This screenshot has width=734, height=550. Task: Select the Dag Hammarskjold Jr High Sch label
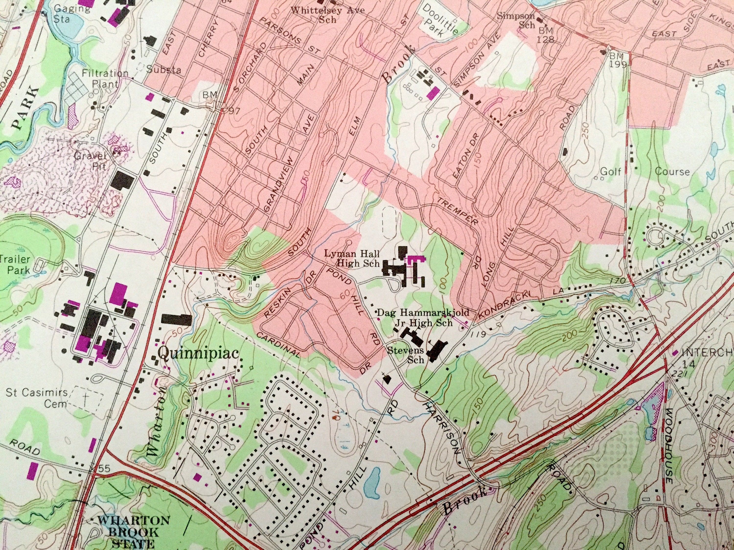click(424, 317)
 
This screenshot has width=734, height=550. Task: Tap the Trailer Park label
click(15, 264)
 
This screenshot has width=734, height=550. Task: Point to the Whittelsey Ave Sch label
click(328, 14)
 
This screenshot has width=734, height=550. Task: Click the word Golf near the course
click(610, 171)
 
